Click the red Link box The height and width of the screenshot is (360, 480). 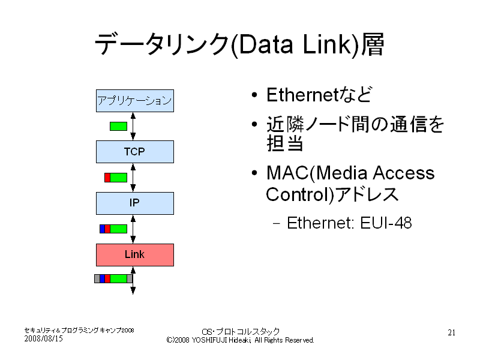pyautogui.click(x=134, y=254)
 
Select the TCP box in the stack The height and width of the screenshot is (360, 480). pyautogui.click(x=134, y=152)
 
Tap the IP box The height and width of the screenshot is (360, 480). pyautogui.click(x=134, y=203)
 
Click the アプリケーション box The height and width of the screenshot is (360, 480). pyautogui.click(x=134, y=100)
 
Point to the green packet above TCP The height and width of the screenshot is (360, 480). pyautogui.click(x=118, y=126)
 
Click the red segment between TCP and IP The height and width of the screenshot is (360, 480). pyautogui.click(x=107, y=178)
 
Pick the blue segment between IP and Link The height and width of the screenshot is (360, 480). pyautogui.click(x=102, y=229)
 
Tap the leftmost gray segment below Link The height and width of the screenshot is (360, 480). pyautogui.click(x=97, y=278)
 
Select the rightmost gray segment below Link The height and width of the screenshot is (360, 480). pyautogui.click(x=130, y=278)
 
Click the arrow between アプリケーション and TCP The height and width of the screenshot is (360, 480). pyautogui.click(x=133, y=126)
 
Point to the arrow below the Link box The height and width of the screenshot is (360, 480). pyautogui.click(x=133, y=280)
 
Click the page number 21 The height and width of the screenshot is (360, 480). pyautogui.click(x=452, y=332)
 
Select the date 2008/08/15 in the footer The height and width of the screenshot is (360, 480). pyautogui.click(x=43, y=338)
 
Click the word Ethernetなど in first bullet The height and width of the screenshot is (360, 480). pyautogui.click(x=319, y=95)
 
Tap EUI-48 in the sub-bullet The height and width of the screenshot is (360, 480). pyautogui.click(x=386, y=223)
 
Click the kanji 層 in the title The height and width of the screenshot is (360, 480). pyautogui.click(x=373, y=44)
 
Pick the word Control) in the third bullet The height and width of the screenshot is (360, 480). pyautogui.click(x=300, y=194)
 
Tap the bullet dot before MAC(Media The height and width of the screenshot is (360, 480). pyautogui.click(x=254, y=173)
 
